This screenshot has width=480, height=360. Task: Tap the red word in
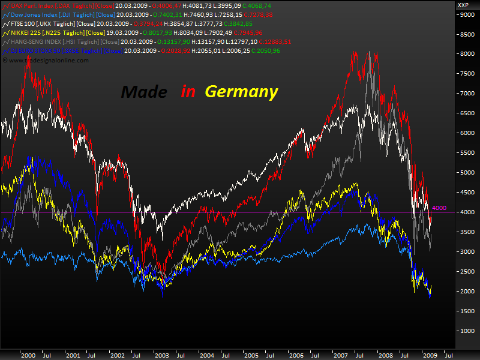(188, 92)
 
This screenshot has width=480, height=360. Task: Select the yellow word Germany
(241, 92)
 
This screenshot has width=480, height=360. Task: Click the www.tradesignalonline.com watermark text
(47, 60)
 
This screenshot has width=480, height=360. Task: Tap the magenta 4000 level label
(439, 208)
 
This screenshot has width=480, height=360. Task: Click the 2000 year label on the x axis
(28, 355)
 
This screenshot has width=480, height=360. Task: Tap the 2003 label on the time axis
(162, 355)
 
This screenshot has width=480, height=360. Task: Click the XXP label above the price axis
(463, 5)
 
